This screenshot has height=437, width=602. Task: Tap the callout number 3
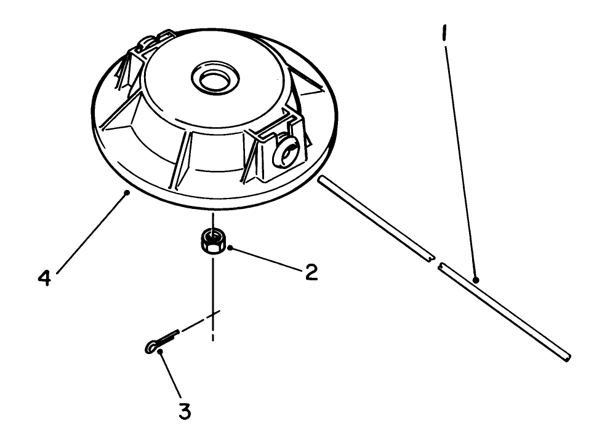click(185, 411)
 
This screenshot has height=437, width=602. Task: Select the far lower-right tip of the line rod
click(568, 357)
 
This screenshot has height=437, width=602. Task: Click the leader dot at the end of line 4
click(127, 192)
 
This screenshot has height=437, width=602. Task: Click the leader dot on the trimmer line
click(476, 279)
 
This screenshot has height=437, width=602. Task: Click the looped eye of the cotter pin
click(151, 348)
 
